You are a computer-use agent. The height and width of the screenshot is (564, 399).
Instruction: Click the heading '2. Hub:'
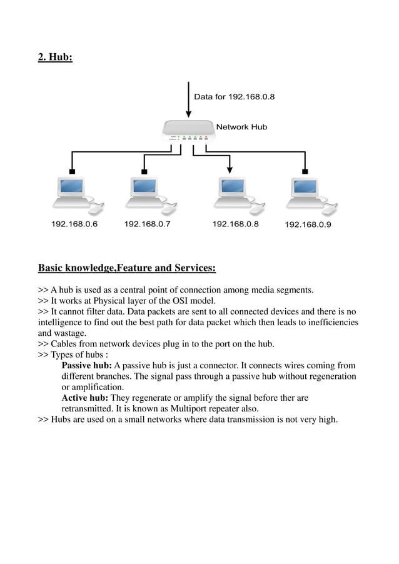[x=55, y=58]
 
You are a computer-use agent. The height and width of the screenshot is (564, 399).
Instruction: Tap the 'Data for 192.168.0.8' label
[x=234, y=97]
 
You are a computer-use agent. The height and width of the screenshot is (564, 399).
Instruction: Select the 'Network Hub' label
[x=241, y=127]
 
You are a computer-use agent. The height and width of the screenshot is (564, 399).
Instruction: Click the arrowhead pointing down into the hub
[x=188, y=113]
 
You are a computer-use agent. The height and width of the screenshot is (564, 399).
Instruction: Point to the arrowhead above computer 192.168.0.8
[x=230, y=169]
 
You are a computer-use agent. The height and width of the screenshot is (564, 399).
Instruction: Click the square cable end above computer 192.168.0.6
[x=72, y=171]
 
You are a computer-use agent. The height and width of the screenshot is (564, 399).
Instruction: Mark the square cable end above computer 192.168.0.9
[x=305, y=171]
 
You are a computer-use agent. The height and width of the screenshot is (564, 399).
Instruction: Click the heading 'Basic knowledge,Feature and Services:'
[x=127, y=269]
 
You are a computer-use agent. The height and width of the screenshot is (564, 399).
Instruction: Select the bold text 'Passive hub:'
[x=86, y=366]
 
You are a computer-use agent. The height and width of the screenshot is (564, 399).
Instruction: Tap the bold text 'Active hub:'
[x=84, y=398]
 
